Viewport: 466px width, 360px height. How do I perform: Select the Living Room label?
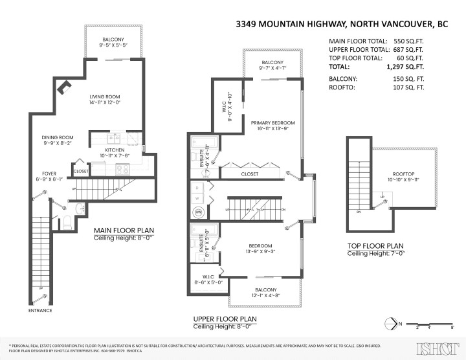pyautogui.click(x=106, y=98)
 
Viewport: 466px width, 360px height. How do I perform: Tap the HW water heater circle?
pyautogui.click(x=198, y=212)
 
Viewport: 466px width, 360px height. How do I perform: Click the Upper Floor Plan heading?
pyautogui.click(x=225, y=319)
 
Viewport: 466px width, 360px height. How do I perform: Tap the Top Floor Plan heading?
pyautogui.click(x=375, y=245)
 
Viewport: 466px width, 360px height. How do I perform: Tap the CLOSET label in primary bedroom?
pyautogui.click(x=250, y=174)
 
